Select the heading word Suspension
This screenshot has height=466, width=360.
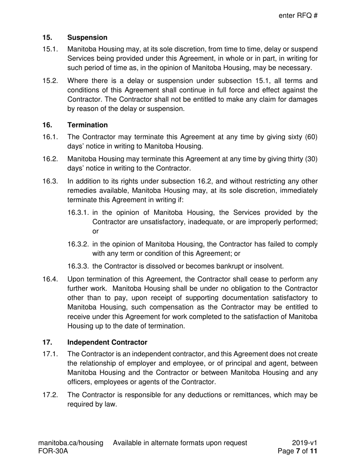tap(87, 38)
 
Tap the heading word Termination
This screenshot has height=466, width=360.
tap(87, 125)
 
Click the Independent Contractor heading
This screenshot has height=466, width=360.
tap(107, 342)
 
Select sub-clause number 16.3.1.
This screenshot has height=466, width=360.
tap(78, 213)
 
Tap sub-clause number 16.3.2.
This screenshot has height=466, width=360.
tap(78, 244)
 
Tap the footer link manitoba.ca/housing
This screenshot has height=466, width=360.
tap(71, 443)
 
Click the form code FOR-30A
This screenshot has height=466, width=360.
tap(53, 451)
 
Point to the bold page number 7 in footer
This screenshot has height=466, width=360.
tap(298, 451)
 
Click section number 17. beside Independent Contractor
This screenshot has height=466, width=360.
tap(47, 342)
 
